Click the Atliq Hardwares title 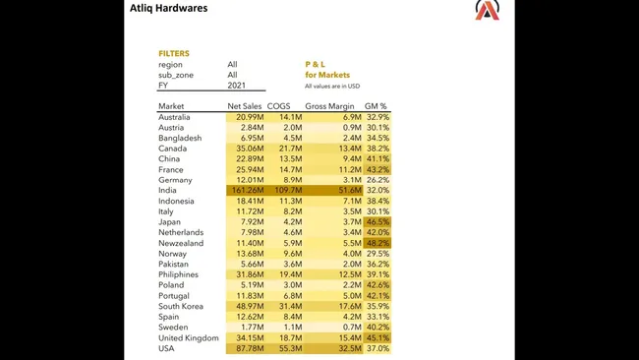point(168,8)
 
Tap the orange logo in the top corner point(487,10)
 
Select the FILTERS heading point(174,54)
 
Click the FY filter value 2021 point(233,86)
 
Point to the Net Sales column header point(245,106)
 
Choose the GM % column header point(377,106)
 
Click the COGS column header point(279,106)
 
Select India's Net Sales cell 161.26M point(246,191)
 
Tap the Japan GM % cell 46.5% point(378,222)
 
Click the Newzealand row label point(181,243)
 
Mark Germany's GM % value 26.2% point(378,180)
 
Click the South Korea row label point(181,306)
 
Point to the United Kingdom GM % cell point(378,337)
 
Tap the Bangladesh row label point(180,138)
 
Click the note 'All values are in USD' point(332,87)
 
